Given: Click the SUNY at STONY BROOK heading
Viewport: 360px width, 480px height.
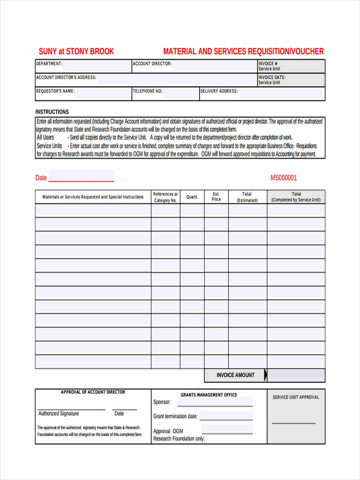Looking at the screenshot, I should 76,51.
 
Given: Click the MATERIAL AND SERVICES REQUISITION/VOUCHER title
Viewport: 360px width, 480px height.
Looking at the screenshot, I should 243,51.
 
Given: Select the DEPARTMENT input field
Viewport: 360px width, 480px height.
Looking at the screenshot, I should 96,66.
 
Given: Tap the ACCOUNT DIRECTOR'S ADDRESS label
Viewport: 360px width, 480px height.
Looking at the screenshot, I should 66,77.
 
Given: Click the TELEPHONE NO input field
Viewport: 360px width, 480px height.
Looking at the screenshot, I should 180,94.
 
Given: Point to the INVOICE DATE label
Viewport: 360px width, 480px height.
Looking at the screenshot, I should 272,77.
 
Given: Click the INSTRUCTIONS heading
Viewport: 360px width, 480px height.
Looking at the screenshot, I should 52,112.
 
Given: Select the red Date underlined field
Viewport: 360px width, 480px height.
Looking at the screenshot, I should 81,177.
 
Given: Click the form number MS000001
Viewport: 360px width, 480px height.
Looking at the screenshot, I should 284,178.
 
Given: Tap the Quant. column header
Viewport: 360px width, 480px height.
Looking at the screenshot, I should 192,197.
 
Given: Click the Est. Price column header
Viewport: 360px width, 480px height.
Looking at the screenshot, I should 216,197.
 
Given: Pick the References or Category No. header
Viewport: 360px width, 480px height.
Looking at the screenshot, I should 165,197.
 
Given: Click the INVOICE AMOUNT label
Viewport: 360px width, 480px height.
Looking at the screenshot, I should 235,375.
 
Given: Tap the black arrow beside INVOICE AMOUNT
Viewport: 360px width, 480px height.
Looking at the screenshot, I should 266,375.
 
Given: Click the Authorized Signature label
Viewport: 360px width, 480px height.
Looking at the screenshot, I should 58,414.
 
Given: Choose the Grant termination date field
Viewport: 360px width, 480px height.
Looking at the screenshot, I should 226,416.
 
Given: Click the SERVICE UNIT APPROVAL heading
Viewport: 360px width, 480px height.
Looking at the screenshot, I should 296,397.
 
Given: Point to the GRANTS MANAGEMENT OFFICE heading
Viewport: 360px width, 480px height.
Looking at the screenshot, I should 209,395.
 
